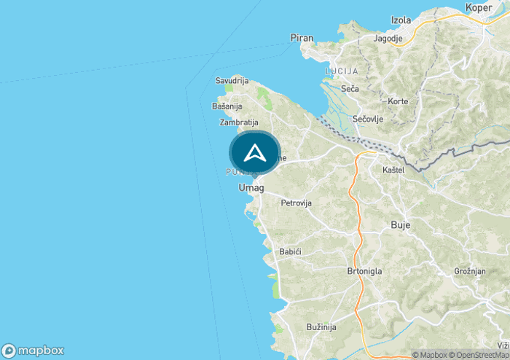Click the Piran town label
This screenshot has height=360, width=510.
[x=301, y=37]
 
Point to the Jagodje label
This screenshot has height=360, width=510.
[x=389, y=38]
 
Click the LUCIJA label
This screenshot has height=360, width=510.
[x=342, y=71]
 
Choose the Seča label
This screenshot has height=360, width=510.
[x=350, y=89]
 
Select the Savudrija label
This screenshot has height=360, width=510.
[x=232, y=80]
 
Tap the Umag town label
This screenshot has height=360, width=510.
[x=251, y=187]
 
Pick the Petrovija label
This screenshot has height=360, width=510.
[x=297, y=203]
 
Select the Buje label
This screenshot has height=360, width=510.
[x=401, y=225]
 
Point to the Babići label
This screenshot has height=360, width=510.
[x=291, y=251]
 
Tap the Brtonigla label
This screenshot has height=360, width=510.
[x=365, y=271]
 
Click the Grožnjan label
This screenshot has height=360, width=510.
[x=469, y=270]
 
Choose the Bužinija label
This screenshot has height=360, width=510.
[x=321, y=327]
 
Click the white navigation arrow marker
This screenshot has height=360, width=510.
[x=254, y=153]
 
